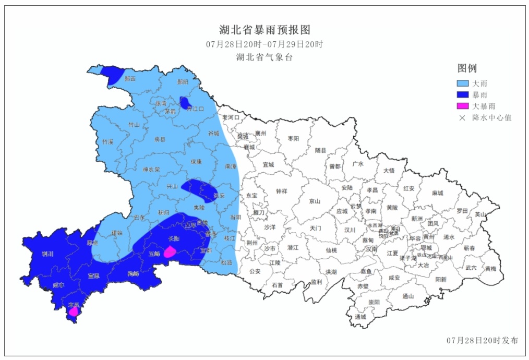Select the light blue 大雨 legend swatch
point(463,83)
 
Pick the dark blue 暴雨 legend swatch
point(463,95)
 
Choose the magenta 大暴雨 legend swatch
point(463,106)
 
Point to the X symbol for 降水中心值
point(462,118)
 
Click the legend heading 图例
point(467,68)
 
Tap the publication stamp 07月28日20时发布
point(483,340)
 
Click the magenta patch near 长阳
point(170,253)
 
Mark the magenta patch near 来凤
point(74,311)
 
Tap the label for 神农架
point(151,169)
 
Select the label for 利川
point(47,254)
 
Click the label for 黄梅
point(491,269)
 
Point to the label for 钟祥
point(282,191)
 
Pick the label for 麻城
point(437,193)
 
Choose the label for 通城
point(360,317)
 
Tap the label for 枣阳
point(294,139)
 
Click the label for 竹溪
point(107,142)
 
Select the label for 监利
point(316,282)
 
